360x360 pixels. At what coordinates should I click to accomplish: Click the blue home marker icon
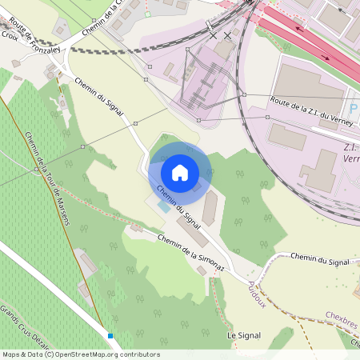180,172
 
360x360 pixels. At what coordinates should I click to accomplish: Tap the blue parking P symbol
354,108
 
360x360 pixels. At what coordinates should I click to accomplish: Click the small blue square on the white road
110,336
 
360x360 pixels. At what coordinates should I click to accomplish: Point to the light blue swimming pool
163,206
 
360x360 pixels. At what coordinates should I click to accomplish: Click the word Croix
10,35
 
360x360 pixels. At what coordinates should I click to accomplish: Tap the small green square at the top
148,14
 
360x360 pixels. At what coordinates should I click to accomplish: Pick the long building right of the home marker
209,208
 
